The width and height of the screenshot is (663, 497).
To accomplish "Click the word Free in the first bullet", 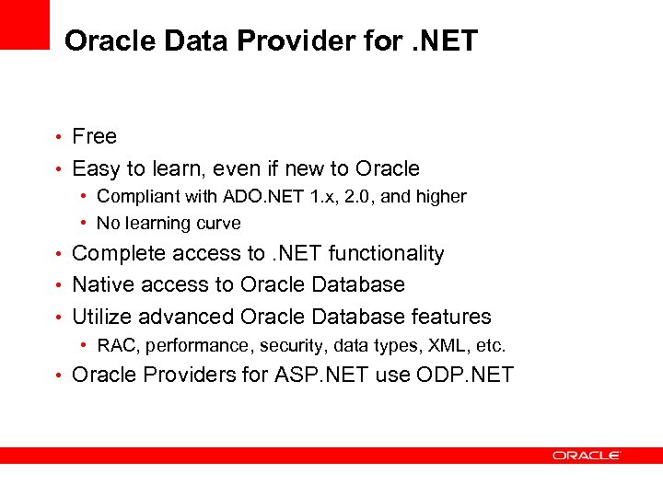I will click(94, 137).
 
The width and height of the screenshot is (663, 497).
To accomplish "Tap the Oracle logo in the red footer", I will click(587, 455).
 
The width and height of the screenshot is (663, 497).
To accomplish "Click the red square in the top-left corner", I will click(24, 24).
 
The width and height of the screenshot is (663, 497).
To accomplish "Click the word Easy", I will click(96, 169).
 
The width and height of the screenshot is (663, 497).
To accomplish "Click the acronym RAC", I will click(115, 346).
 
